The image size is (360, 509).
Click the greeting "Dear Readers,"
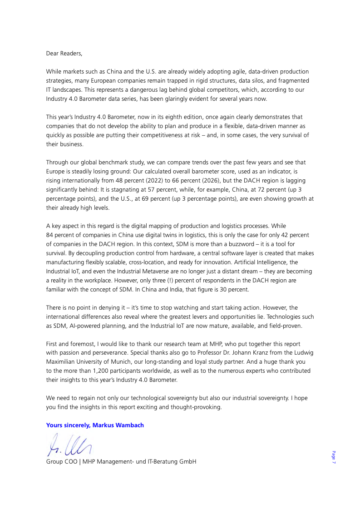(64, 53)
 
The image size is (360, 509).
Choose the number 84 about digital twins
(50, 235)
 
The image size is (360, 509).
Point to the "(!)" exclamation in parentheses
(137, 280)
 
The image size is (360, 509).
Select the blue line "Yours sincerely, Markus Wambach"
(95, 425)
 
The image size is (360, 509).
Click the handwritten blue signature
(69, 444)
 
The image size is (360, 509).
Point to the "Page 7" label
(333, 457)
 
